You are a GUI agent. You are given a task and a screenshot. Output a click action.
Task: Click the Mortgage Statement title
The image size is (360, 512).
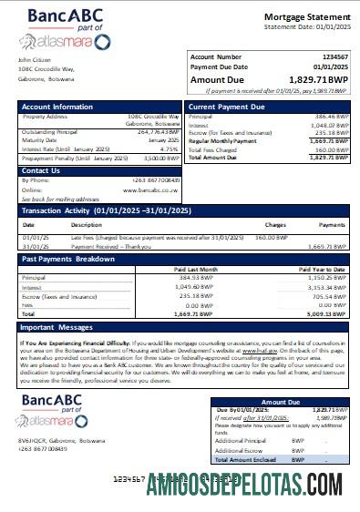(305, 17)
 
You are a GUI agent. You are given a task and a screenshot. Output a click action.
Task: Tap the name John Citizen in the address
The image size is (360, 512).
(35, 60)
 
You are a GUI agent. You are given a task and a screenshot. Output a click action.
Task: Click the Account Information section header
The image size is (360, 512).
(57, 108)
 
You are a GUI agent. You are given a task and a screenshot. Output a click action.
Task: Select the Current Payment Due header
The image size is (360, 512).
(225, 108)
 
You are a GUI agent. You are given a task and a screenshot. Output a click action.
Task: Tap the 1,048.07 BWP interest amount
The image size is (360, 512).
(331, 126)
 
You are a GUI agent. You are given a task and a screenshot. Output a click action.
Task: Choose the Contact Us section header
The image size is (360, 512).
(41, 170)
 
